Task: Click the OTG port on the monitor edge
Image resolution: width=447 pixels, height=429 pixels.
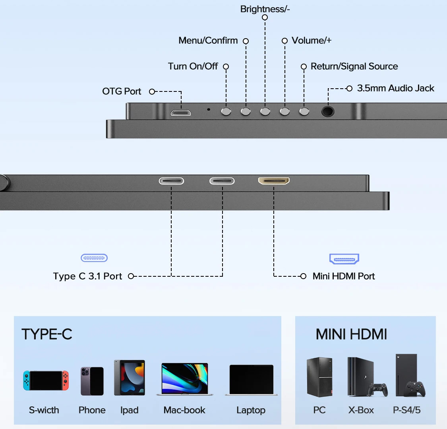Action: click(x=181, y=113)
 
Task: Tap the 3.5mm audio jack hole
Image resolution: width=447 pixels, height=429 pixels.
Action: click(x=328, y=111)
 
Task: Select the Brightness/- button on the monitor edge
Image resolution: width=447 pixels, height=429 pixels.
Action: click(x=265, y=111)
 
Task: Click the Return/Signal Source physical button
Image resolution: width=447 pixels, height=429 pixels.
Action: click(x=304, y=111)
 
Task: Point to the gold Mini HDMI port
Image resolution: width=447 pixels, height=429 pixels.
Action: click(x=274, y=181)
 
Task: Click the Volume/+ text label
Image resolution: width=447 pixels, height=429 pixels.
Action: click(x=312, y=41)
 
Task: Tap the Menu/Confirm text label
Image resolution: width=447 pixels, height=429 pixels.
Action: click(x=208, y=41)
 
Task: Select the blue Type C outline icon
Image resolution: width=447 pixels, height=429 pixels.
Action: click(x=94, y=258)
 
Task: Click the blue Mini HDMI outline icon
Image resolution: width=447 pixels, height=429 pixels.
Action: click(x=344, y=259)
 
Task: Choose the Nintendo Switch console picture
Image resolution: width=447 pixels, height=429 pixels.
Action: click(x=46, y=380)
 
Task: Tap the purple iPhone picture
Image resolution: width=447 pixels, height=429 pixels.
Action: click(x=92, y=381)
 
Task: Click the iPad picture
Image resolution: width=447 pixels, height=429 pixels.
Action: click(x=130, y=378)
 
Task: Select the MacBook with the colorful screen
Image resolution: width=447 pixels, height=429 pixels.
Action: click(x=185, y=379)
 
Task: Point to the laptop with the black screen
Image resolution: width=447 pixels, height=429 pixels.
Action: click(x=252, y=380)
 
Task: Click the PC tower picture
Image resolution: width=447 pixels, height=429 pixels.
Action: click(x=319, y=377)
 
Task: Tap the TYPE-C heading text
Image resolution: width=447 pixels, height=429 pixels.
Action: click(x=47, y=334)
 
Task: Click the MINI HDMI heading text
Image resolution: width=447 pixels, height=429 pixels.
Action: click(x=351, y=334)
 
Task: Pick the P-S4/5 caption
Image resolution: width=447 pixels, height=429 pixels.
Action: click(x=406, y=410)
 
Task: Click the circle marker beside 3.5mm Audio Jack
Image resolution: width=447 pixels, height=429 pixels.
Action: click(x=349, y=88)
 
